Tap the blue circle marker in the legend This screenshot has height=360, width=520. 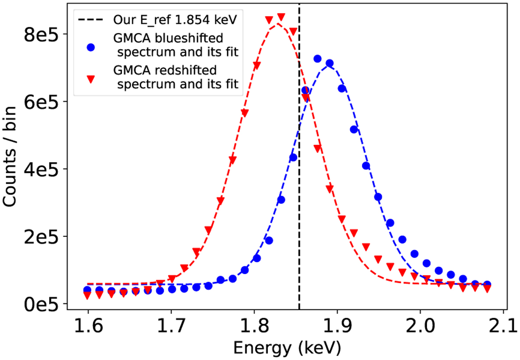point(91,47)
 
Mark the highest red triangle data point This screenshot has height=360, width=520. point(281,17)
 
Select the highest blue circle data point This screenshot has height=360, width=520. point(317,59)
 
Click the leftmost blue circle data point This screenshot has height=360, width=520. point(88,290)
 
